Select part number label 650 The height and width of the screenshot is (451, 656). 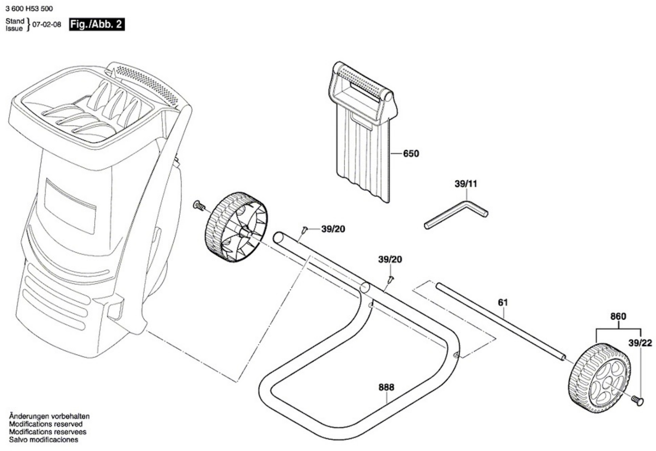(411, 154)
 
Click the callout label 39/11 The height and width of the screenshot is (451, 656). (466, 184)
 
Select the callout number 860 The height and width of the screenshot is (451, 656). (618, 317)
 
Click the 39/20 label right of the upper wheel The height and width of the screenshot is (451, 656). (333, 229)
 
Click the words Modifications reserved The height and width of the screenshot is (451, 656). (46, 424)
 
